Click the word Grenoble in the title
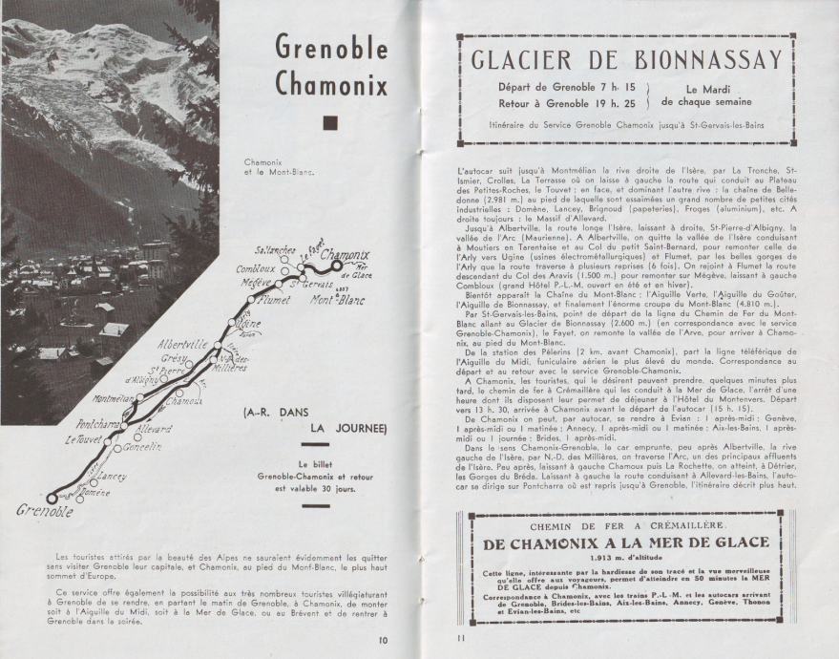[330, 45]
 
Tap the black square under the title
[331, 122]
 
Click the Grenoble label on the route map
[44, 511]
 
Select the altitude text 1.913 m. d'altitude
[625, 556]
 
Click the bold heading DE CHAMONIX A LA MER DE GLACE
[626, 542]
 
